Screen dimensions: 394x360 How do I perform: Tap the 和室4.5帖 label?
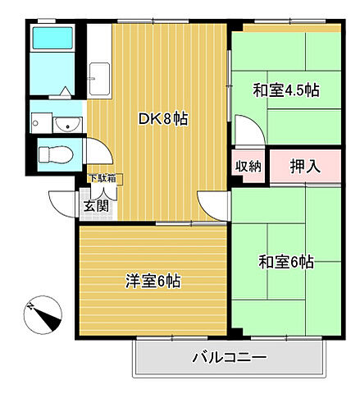(x=285, y=90)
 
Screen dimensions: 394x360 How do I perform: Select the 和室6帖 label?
(x=286, y=262)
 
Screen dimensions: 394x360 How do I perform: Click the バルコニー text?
(x=229, y=358)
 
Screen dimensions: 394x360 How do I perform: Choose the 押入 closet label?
(x=305, y=166)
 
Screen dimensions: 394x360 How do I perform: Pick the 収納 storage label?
(x=249, y=166)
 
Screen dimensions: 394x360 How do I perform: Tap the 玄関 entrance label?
(x=94, y=205)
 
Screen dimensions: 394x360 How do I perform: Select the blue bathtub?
(x=52, y=50)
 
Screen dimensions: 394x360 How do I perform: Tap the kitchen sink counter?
(x=100, y=78)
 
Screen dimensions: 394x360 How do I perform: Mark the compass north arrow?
(x=43, y=313)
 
